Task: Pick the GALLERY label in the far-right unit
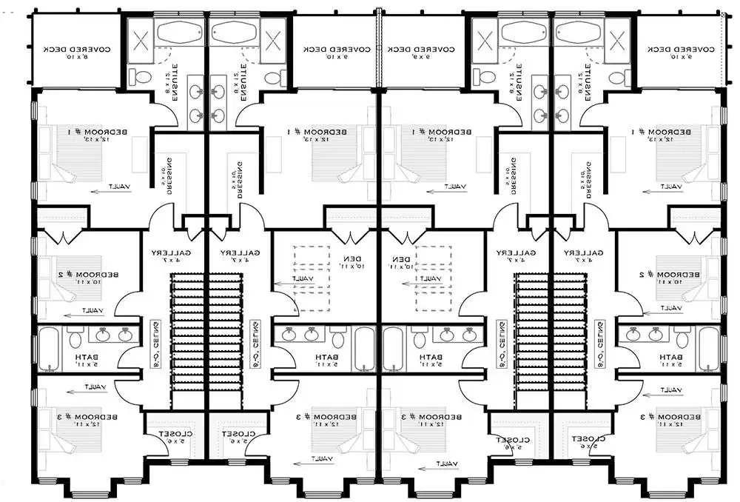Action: click(x=584, y=256)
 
